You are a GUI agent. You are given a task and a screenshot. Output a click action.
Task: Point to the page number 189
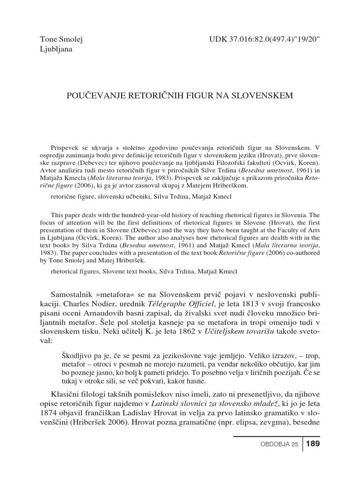click(x=313, y=444)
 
